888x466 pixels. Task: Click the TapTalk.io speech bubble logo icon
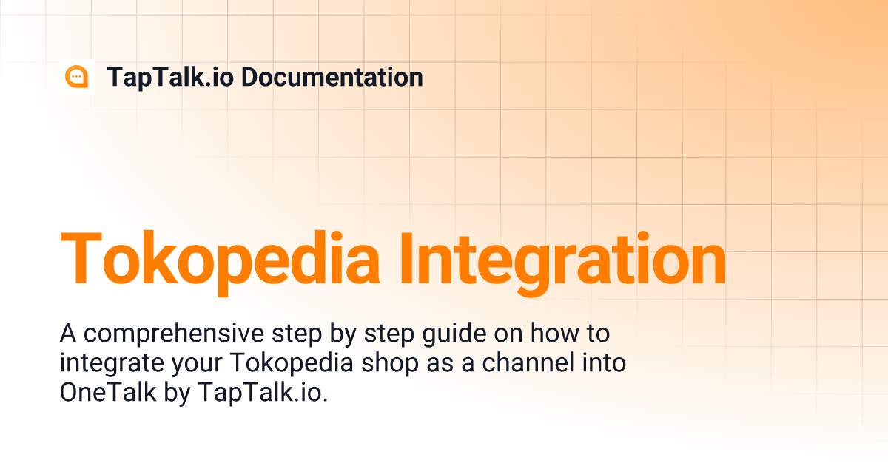tap(76, 77)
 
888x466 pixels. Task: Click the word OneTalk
tap(108, 393)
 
